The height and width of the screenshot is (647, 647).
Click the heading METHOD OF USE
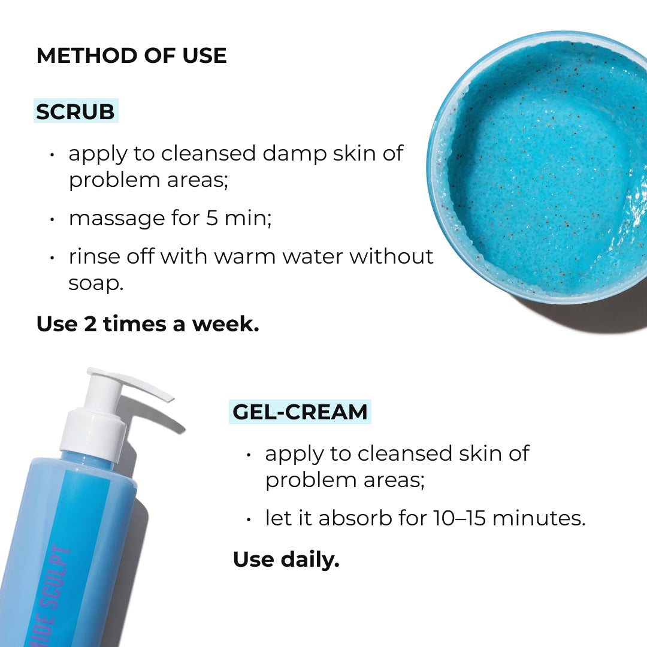[131, 56]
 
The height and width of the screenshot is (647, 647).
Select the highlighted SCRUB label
[75, 111]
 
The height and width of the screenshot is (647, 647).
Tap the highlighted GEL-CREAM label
[300, 412]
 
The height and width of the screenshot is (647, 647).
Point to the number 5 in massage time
[212, 218]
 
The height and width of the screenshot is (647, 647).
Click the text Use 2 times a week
[147, 324]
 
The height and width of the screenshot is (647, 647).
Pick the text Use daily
[286, 560]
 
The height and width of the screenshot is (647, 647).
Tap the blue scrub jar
[539, 168]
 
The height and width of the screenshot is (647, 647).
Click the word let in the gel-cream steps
[277, 518]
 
